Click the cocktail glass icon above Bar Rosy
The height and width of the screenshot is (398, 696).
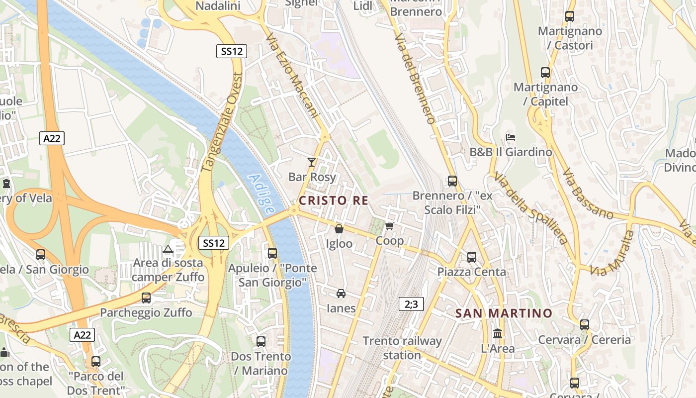[312, 162]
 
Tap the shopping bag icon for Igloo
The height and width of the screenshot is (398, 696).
[339, 229]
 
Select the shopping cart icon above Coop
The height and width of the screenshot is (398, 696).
[390, 226]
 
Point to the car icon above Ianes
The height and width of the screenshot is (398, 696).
[341, 293]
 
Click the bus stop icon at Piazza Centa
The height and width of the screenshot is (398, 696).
[472, 257]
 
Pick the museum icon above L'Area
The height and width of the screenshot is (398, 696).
[498, 333]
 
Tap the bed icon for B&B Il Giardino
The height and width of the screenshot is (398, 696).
[511, 137]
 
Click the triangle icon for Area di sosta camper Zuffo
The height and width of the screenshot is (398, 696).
[168, 248]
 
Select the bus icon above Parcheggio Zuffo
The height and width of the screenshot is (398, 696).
[146, 298]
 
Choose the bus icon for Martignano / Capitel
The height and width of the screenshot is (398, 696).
[545, 73]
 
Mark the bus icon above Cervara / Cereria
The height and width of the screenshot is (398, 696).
[585, 325]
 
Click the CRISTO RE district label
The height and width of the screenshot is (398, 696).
[334, 200]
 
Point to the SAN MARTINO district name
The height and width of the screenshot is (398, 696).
[504, 313]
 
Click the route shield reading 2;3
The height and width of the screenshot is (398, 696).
[411, 304]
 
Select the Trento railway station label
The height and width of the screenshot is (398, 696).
[402, 348]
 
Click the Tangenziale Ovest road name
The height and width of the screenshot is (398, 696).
[223, 122]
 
